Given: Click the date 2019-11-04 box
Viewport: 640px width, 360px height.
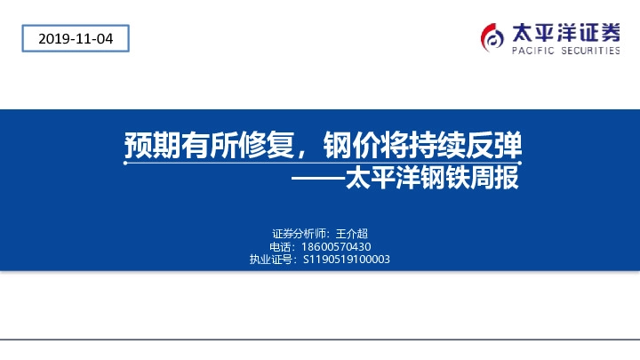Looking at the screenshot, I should [x=75, y=38].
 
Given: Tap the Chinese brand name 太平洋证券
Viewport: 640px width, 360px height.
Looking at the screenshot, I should [x=565, y=33].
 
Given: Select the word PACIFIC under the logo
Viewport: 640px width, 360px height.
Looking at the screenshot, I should [x=532, y=52].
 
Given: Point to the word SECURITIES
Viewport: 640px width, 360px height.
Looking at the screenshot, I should [x=589, y=52].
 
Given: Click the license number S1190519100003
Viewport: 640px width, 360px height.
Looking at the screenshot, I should [x=347, y=260].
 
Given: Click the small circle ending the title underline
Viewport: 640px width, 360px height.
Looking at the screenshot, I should [x=126, y=164].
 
